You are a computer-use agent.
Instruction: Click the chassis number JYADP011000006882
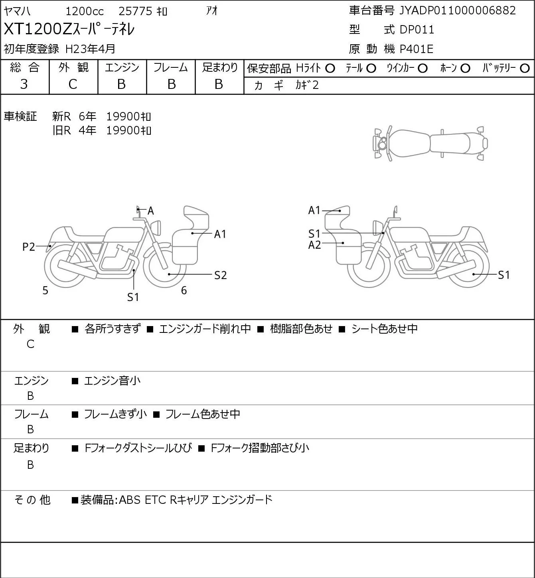point(458,11)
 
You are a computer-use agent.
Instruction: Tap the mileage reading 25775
point(136,11)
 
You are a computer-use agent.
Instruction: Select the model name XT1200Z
point(38,29)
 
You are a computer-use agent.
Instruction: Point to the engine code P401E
point(417,49)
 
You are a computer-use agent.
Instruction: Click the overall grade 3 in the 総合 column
point(24,84)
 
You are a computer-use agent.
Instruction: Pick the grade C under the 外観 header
point(73,84)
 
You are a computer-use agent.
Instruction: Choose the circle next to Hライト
point(330,69)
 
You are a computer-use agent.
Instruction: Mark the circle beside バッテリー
point(525,69)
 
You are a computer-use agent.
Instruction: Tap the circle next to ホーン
point(465,69)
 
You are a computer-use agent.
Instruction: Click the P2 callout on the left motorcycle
point(29,247)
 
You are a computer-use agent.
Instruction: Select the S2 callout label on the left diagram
point(220,275)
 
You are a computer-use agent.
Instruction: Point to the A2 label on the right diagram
point(314,245)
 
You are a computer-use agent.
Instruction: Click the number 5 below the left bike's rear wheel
point(45,291)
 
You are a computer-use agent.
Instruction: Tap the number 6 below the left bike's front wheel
point(184,290)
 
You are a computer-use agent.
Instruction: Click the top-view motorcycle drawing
point(431,143)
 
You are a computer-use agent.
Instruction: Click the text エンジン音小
point(112,381)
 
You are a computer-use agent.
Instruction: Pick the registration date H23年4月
point(90,49)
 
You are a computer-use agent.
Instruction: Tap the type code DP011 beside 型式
point(417,29)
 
